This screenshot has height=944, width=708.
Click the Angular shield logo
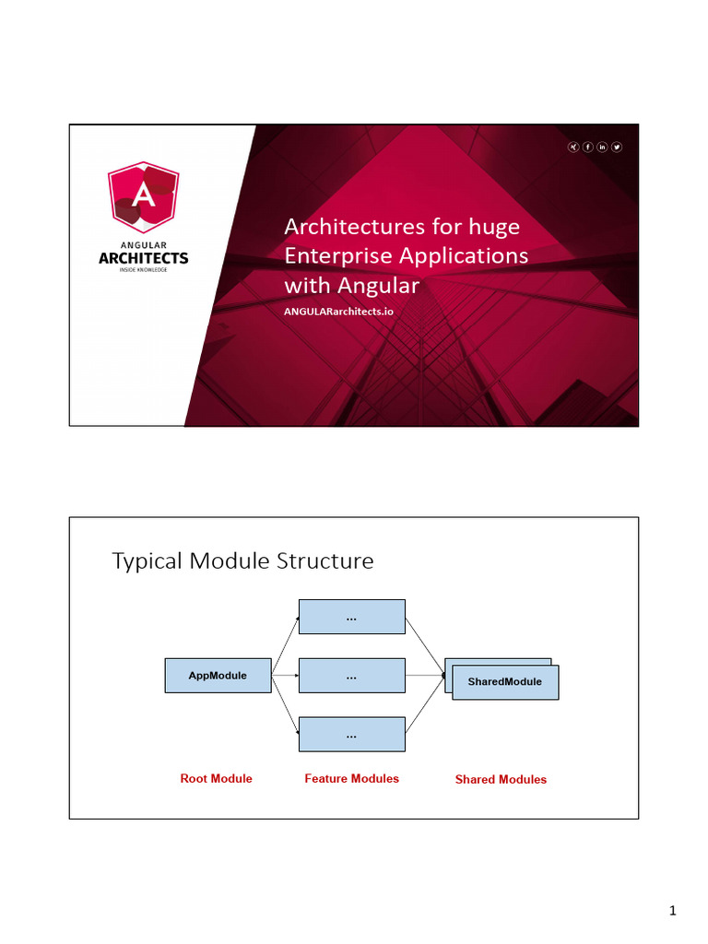coord(143,196)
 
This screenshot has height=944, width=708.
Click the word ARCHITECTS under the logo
coord(143,258)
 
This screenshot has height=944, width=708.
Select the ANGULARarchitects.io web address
coord(338,311)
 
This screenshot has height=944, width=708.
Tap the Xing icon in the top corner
coord(573,147)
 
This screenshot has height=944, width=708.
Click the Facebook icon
coord(588,147)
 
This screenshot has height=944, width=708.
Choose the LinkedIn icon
coord(603,147)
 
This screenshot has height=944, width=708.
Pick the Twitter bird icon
coord(617,147)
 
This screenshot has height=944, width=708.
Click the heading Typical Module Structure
coord(242,560)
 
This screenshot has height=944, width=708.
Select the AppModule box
coord(218,676)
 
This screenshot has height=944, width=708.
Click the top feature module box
coord(351,617)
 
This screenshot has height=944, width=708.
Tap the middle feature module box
coord(351,676)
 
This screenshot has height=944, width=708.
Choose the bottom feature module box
coord(351,735)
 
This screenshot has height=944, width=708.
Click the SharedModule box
coord(505,682)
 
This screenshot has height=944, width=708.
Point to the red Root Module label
coord(216,779)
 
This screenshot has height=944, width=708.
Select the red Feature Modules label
coord(351,779)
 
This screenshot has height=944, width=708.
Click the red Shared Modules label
coord(501,780)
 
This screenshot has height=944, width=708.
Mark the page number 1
coord(673,912)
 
